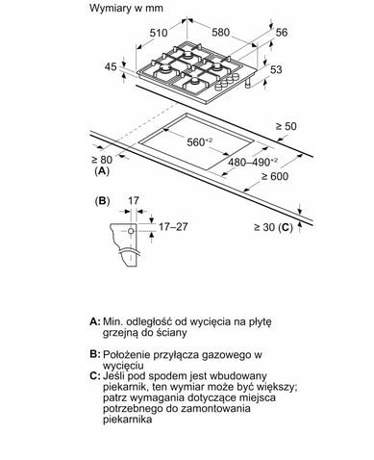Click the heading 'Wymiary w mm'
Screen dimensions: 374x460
(126, 8)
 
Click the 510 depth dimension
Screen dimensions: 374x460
(159, 33)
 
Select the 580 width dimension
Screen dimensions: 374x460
(221, 32)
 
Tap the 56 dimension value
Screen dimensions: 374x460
(282, 32)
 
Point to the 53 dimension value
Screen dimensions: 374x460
(276, 69)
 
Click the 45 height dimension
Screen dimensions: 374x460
(111, 66)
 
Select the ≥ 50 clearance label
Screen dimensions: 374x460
(287, 126)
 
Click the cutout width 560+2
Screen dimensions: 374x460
(200, 141)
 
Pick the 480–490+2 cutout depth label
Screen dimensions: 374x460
(253, 162)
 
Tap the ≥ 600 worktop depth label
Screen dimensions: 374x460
(275, 176)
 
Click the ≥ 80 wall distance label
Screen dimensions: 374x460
(102, 160)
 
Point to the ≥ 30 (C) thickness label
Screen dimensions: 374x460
(273, 227)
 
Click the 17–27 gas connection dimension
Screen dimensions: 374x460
(173, 227)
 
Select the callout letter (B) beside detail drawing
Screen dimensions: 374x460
(103, 201)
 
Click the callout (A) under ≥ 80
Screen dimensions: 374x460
(102, 171)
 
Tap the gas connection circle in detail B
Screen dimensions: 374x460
(131, 231)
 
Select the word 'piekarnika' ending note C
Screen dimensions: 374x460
(127, 420)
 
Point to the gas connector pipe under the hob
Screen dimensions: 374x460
(248, 82)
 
